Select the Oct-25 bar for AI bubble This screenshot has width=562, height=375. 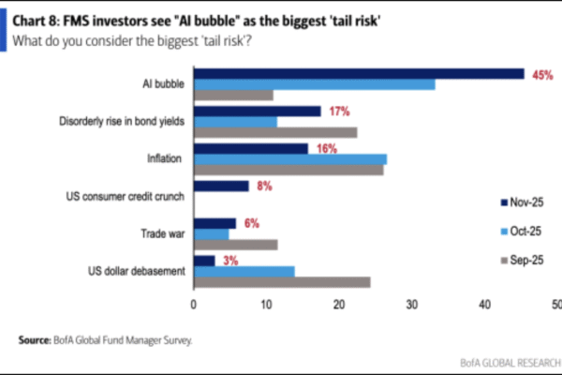[314, 84]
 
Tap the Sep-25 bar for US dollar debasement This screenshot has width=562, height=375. [281, 281]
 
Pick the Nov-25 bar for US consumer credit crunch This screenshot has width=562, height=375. [221, 186]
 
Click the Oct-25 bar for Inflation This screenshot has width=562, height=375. [289, 158]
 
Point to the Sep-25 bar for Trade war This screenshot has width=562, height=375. [235, 245]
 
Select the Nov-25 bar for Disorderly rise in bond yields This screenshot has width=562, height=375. [257, 111]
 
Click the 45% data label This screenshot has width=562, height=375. [541, 75]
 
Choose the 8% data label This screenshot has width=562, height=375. [265, 186]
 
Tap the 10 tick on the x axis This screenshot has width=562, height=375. [266, 305]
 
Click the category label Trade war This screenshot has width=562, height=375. [160, 233]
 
